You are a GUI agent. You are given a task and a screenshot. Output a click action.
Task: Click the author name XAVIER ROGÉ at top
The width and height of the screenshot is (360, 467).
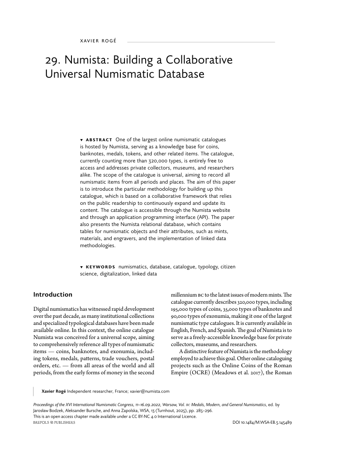[98, 41]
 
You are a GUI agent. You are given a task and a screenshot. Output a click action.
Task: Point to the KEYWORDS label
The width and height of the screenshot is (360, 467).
[100, 267]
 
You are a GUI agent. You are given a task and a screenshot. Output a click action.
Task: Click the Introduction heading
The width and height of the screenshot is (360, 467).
[53, 294]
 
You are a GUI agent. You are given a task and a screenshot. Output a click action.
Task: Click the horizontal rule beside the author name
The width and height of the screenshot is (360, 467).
[201, 42]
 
